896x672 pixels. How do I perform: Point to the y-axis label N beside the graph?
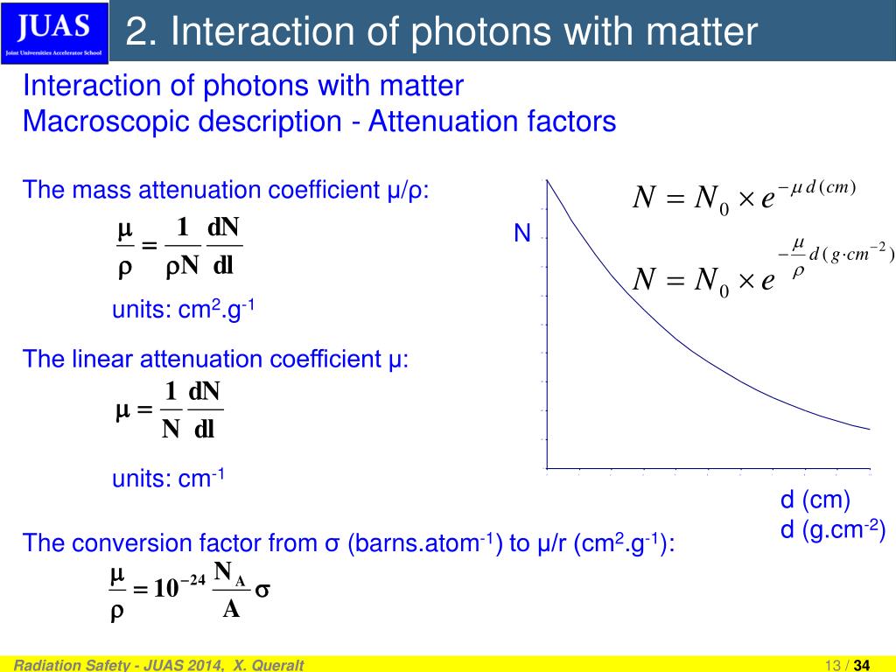click(522, 234)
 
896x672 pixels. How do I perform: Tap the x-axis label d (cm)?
click(815, 500)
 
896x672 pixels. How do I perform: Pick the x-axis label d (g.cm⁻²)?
click(832, 530)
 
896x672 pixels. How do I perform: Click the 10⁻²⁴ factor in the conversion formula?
click(179, 588)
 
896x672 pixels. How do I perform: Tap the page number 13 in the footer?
click(830, 665)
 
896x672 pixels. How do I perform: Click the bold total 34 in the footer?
click(862, 665)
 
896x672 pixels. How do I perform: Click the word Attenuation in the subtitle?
click(430, 121)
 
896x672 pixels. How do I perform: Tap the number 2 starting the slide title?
click(136, 32)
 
